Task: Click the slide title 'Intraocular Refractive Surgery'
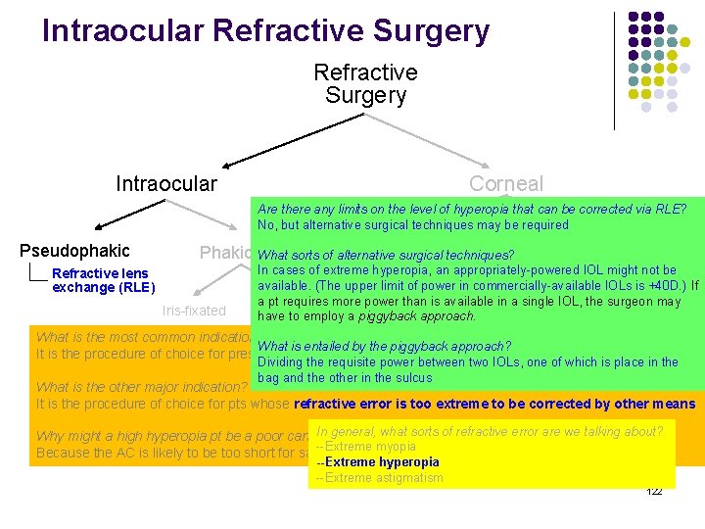pyautogui.click(x=265, y=31)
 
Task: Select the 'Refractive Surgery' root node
pyautogui.click(x=365, y=84)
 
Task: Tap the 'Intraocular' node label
pyautogui.click(x=166, y=184)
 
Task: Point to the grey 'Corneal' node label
pyautogui.click(x=505, y=184)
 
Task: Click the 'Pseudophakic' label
pyautogui.click(x=74, y=251)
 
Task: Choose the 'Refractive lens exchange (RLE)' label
pyautogui.click(x=103, y=280)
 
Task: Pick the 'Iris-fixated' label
pyautogui.click(x=193, y=312)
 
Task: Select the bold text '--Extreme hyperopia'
pyautogui.click(x=377, y=462)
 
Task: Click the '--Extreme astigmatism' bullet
pyautogui.click(x=379, y=478)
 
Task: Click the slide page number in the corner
pyautogui.click(x=655, y=491)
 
